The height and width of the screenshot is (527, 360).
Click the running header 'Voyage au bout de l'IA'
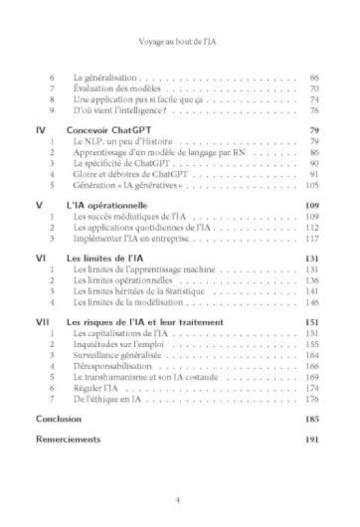click(x=180, y=44)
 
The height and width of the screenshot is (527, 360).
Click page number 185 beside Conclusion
click(x=310, y=420)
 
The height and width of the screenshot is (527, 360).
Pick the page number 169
click(x=310, y=378)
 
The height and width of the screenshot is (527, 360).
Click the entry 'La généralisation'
click(x=105, y=78)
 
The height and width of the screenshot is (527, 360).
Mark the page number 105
click(x=310, y=185)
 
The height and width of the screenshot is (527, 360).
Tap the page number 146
click(x=310, y=302)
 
